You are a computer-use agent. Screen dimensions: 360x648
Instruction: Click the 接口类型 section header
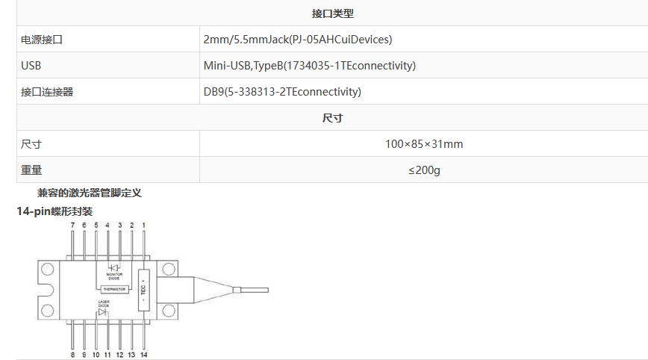tap(332, 13)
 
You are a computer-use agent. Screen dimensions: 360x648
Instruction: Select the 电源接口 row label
tap(42, 40)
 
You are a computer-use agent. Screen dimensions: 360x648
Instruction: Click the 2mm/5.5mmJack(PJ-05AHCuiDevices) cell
tap(297, 40)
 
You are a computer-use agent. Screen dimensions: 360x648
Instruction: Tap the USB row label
tap(31, 66)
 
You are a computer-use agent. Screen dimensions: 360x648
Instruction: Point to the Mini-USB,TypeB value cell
tap(309, 66)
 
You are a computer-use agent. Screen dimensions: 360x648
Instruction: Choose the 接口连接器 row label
tap(47, 92)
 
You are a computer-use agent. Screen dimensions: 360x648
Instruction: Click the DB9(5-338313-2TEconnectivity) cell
tap(282, 92)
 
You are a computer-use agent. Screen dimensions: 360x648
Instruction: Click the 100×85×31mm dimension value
tap(423, 144)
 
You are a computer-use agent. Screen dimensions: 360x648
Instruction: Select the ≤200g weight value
tap(423, 170)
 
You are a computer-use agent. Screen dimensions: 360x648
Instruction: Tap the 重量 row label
tap(31, 170)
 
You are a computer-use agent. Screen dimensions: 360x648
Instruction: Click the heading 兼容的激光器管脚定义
tap(90, 193)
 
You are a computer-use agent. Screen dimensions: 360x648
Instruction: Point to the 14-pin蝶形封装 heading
tap(54, 211)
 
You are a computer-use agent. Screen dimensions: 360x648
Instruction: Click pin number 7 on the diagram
tap(72, 224)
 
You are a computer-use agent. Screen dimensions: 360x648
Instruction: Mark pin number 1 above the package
tap(144, 224)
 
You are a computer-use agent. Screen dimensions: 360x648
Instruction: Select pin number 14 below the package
tap(144, 355)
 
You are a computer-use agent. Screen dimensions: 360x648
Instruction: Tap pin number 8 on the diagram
tap(72, 355)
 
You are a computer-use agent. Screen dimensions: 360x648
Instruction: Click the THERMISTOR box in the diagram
tap(114, 289)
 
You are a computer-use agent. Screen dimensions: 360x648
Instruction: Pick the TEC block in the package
tap(143, 289)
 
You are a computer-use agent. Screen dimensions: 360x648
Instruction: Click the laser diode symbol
tap(103, 311)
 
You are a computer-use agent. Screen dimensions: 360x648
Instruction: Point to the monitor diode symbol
tap(114, 267)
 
